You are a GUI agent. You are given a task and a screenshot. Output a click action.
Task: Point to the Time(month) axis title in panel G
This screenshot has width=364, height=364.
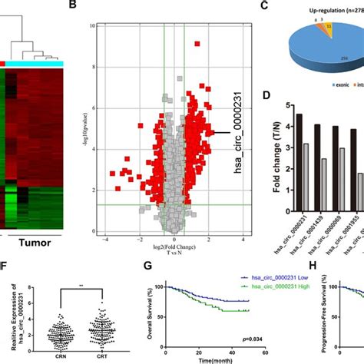(210, 359)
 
